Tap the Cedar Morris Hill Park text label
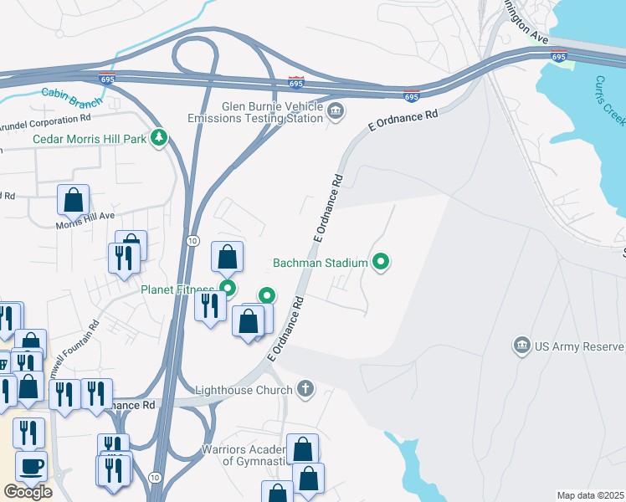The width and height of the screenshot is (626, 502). point(89,138)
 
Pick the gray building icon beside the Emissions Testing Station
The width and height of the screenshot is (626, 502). point(336,110)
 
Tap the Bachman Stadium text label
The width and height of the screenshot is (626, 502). point(320,263)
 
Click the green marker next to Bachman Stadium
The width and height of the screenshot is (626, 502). point(382,263)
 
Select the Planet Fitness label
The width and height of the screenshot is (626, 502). point(177,290)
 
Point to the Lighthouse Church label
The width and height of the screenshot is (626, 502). point(244,390)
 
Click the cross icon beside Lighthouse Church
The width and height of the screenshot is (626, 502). point(305,389)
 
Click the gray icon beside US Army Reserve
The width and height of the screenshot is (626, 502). point(521,346)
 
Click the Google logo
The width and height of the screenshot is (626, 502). point(28,491)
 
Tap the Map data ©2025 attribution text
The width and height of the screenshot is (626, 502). point(590,495)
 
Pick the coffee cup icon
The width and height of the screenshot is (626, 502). point(32,467)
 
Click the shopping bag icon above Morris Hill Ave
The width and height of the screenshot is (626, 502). point(73,201)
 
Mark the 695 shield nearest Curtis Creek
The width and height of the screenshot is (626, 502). point(559,57)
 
